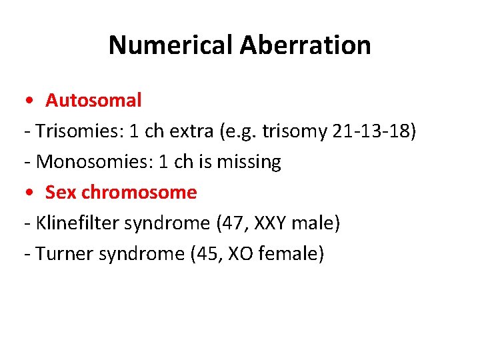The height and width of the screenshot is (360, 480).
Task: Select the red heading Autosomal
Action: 93,101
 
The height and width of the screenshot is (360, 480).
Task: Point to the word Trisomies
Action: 76,131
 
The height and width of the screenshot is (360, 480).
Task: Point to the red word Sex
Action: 61,193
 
